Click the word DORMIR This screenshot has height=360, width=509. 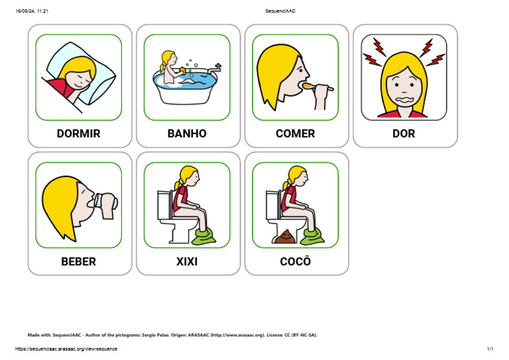pyautogui.click(x=79, y=133)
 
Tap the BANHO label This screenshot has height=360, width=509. pyautogui.click(x=187, y=133)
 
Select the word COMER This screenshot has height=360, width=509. pyautogui.click(x=296, y=133)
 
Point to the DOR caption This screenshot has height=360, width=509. pyautogui.click(x=404, y=133)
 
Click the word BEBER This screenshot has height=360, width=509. pyautogui.click(x=79, y=261)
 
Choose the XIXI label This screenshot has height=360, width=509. pyautogui.click(x=187, y=261)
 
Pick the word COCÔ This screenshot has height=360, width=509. pyautogui.click(x=296, y=261)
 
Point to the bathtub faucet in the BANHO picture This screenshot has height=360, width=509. pyautogui.click(x=215, y=68)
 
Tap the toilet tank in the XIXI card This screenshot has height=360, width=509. pyautogui.click(x=163, y=202)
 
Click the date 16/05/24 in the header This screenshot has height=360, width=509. pyautogui.click(x=26, y=11)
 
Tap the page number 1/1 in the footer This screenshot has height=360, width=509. pyautogui.click(x=490, y=349)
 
